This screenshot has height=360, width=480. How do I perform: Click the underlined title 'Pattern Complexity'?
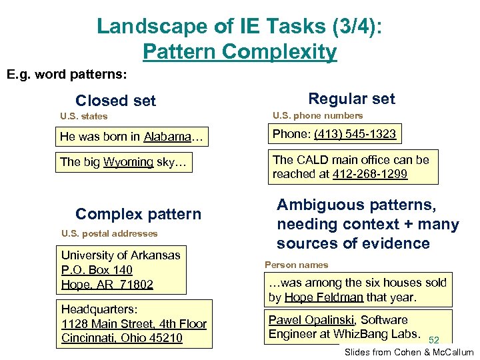240,51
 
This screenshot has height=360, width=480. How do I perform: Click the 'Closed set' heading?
115,101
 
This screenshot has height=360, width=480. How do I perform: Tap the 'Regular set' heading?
351,99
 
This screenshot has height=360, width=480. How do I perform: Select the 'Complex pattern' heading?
138,214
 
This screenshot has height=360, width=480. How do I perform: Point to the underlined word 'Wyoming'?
128,162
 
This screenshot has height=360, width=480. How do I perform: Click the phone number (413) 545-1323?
355,134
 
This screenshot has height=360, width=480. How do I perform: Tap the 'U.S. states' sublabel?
83,116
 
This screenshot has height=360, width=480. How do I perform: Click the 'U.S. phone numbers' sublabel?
317,115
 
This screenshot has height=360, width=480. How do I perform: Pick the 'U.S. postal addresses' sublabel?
109,233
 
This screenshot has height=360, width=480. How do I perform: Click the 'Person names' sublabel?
297,265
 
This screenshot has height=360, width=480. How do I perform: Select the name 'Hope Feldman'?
324,297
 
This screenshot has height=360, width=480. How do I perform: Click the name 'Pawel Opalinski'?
311,320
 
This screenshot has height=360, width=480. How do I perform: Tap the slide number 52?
435,340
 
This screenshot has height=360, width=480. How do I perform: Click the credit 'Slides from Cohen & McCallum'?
409,352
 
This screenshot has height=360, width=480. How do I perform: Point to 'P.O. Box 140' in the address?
97,270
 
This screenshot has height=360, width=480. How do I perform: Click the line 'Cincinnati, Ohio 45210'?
121,338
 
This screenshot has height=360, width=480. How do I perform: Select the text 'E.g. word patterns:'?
67,74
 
